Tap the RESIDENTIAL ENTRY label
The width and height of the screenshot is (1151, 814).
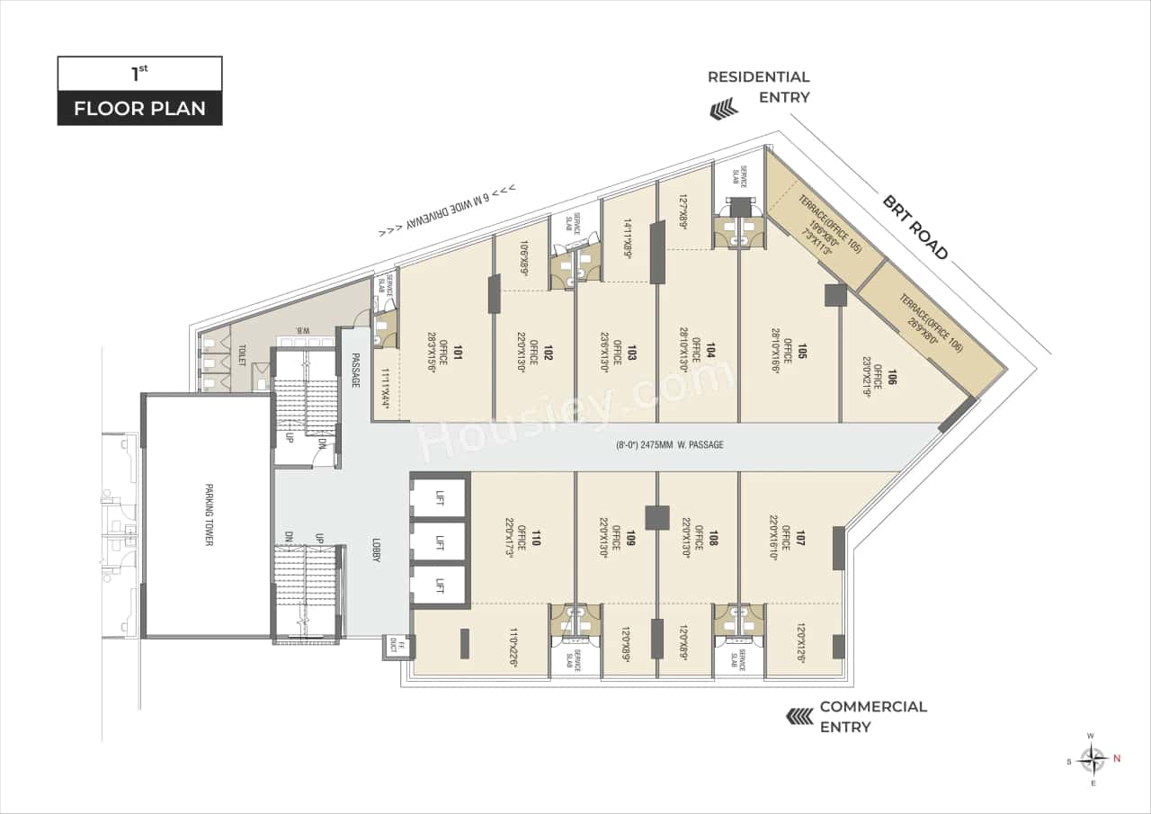click(758, 87)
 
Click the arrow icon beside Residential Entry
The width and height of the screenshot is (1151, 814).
click(724, 111)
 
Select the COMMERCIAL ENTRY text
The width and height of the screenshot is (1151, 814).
click(871, 716)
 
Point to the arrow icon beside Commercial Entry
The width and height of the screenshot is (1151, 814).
click(800, 716)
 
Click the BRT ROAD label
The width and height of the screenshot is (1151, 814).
click(915, 228)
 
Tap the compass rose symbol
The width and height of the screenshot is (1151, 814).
click(1093, 759)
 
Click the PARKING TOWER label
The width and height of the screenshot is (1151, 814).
click(208, 516)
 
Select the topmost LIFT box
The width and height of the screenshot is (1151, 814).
click(439, 498)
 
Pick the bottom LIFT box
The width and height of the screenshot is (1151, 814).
click(439, 586)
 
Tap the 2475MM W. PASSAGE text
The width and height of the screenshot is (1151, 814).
click(669, 445)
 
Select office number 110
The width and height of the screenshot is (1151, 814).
click(536, 539)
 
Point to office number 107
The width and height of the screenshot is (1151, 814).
click(799, 539)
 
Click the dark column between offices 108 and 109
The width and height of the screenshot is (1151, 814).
click(657, 518)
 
